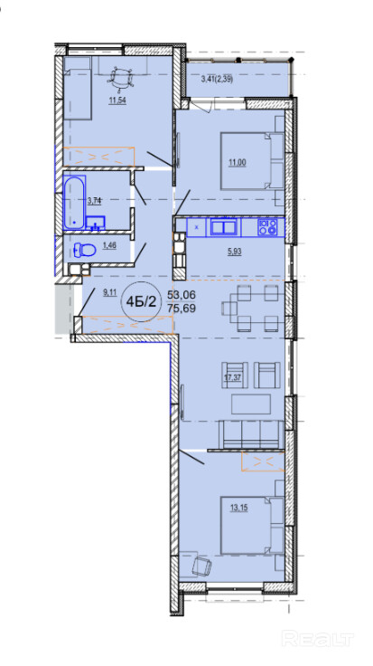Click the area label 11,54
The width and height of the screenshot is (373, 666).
click(x=117, y=101)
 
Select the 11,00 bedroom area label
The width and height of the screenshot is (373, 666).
click(x=238, y=162)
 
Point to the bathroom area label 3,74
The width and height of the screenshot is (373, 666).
click(x=94, y=201)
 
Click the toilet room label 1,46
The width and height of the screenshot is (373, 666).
click(x=109, y=245)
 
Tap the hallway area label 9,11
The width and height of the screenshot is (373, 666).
click(x=109, y=291)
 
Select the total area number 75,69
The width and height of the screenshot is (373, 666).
click(x=181, y=309)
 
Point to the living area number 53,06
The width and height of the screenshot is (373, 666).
click(x=181, y=294)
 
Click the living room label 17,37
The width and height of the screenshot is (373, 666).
click(x=232, y=377)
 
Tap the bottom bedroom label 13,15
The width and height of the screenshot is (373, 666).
click(x=238, y=508)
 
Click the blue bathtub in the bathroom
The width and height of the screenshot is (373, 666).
click(x=75, y=203)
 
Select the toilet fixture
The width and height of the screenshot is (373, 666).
click(x=84, y=250)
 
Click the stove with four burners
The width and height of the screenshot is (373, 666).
click(x=267, y=227)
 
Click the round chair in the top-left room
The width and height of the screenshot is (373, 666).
click(x=121, y=79)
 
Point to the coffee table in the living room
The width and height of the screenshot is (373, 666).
click(x=251, y=404)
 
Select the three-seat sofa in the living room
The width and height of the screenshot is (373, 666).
click(x=251, y=434)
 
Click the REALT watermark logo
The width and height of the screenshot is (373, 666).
click(x=318, y=638)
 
